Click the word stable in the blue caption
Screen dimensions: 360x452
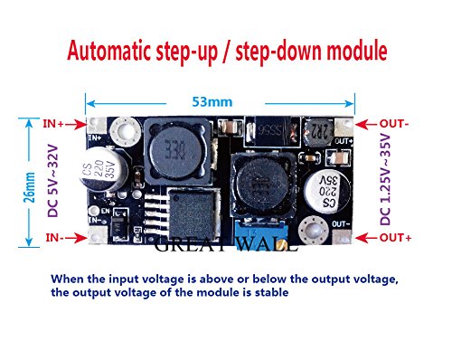(266, 292)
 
